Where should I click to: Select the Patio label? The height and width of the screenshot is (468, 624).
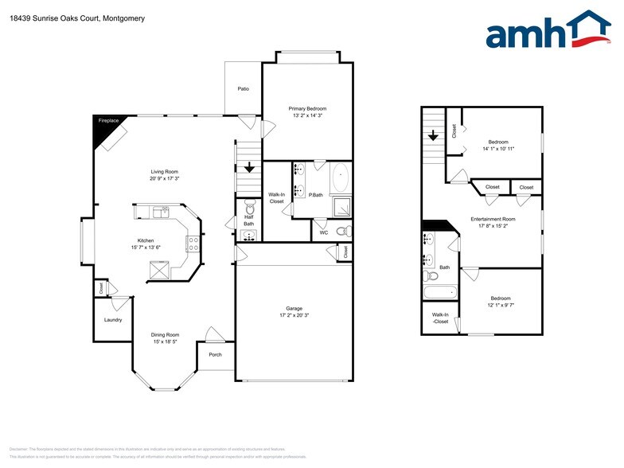click(244, 88)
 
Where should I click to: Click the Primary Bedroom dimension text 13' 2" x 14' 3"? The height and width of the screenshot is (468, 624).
click(307, 116)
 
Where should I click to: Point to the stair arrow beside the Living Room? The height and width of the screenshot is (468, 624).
click(249, 168)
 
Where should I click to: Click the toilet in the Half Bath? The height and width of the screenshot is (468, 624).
click(249, 205)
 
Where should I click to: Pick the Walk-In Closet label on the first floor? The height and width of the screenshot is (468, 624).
click(276, 198)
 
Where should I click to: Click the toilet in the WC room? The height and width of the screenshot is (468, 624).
click(343, 232)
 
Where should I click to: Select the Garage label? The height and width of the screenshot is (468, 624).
click(294, 308)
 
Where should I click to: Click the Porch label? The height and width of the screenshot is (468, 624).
click(215, 354)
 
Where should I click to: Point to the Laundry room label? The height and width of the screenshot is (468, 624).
click(112, 320)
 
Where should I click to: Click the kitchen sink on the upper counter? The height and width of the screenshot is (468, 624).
click(161, 212)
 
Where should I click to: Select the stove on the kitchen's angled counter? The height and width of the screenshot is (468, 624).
click(193, 244)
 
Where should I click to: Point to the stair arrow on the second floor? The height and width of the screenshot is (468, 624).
click(433, 136)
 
